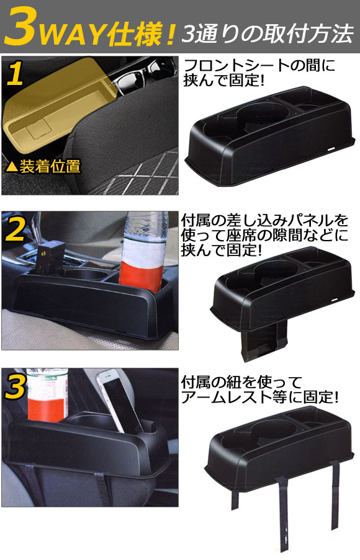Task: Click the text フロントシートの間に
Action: (x=259, y=65)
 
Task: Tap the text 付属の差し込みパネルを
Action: (x=264, y=221)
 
